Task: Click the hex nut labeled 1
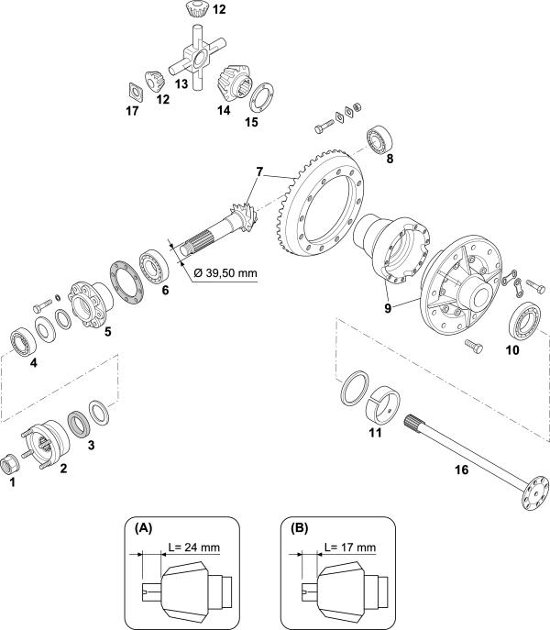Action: (x=9, y=464)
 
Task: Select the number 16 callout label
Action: (x=462, y=470)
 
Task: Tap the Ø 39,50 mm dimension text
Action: (x=225, y=273)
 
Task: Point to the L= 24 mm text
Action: (x=193, y=547)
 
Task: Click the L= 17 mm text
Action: (x=350, y=547)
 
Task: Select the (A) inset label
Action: (x=143, y=528)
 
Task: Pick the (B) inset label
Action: (x=300, y=528)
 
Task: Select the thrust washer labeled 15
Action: (x=261, y=97)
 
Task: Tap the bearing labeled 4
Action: (x=23, y=341)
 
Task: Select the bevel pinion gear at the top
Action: (x=199, y=9)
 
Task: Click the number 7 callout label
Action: (x=259, y=172)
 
